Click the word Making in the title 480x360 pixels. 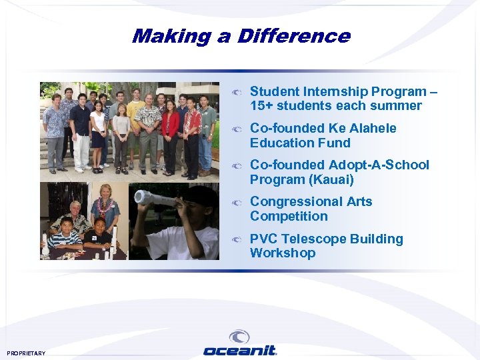(x=171, y=36)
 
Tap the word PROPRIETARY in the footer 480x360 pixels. (x=27, y=353)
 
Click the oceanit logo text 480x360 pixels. (x=239, y=351)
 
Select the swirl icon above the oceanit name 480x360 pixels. (x=239, y=337)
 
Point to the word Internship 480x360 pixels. (x=333, y=92)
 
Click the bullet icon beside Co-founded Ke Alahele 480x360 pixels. (x=237, y=129)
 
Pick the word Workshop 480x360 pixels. (x=283, y=253)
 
